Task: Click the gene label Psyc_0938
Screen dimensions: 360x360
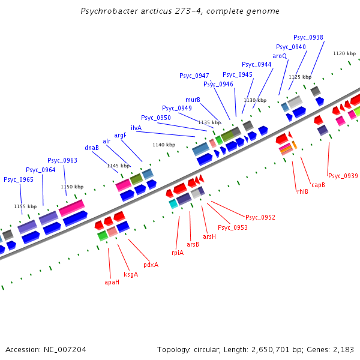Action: click(309, 37)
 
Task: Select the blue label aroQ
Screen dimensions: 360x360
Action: click(280, 56)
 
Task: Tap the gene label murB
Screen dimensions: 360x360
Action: click(193, 100)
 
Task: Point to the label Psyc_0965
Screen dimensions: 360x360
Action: click(19, 179)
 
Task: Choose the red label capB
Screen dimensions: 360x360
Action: click(318, 185)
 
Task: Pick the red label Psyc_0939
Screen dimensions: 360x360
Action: click(343, 176)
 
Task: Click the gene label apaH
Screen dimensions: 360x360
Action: click(112, 281)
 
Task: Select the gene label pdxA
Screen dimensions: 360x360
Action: click(151, 265)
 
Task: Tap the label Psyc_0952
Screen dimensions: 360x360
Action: click(260, 217)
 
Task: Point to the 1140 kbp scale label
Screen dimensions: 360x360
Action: click(164, 145)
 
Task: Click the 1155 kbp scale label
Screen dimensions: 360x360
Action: click(25, 206)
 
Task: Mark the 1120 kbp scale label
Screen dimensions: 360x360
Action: click(344, 53)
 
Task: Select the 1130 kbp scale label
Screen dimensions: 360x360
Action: click(254, 100)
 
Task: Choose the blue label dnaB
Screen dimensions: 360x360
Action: click(92, 148)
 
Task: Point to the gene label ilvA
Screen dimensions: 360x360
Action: click(136, 128)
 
